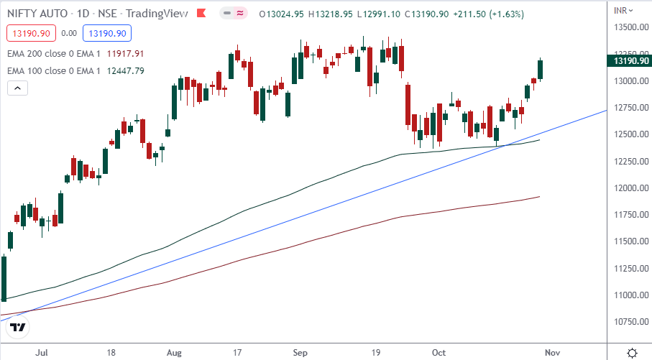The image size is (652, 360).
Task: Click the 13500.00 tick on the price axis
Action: point(630,27)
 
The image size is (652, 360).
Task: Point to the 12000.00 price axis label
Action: point(630,188)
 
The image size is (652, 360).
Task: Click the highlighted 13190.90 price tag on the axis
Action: point(630,61)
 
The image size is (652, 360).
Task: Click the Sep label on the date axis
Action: point(300,354)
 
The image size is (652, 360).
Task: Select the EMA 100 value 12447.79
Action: point(125,70)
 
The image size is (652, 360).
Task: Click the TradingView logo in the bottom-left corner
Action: point(18,328)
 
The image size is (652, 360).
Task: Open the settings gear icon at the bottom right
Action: point(631,353)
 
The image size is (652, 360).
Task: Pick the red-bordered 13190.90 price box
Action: point(29,32)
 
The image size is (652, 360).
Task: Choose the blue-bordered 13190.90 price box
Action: point(105,32)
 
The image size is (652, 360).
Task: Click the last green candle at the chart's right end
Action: point(541,69)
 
